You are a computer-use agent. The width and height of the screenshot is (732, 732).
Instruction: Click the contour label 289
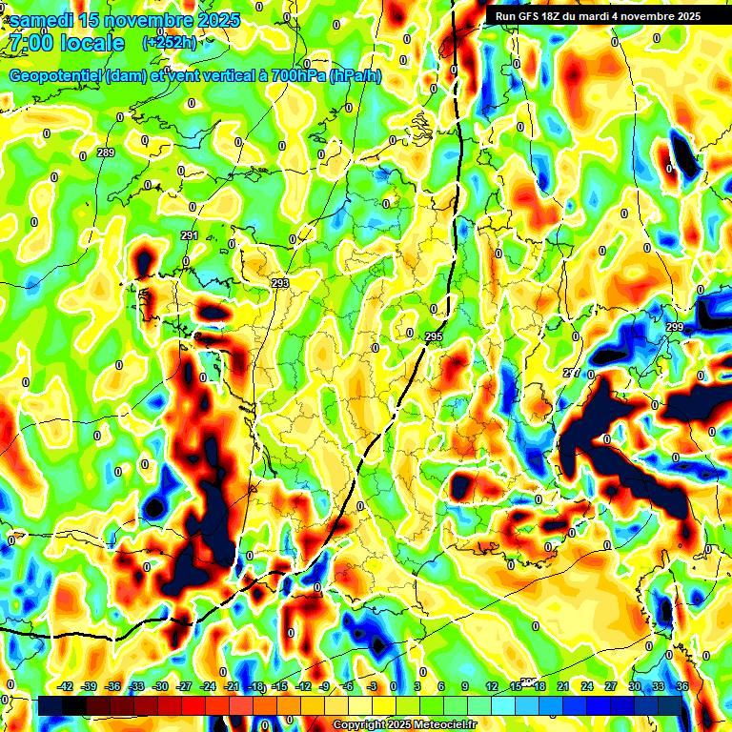tap(106, 153)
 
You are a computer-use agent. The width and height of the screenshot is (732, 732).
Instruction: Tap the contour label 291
tap(189, 236)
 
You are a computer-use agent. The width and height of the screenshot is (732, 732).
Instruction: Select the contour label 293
tap(279, 284)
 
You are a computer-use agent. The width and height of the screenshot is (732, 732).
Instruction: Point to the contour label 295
tap(434, 337)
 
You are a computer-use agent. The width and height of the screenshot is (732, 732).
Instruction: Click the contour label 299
tap(675, 328)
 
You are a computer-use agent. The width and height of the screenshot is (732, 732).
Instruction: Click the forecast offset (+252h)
tap(170, 43)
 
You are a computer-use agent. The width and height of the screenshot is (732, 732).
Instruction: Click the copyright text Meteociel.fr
tap(444, 724)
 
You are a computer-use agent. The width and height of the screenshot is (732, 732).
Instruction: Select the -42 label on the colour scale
tap(66, 686)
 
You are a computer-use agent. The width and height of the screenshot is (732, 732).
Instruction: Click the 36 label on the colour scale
tap(682, 686)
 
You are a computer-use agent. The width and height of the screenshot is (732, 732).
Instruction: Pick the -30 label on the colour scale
tap(161, 686)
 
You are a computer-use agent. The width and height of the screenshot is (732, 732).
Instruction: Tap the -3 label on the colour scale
tap(373, 686)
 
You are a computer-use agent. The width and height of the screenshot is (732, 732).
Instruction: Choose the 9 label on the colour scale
tap(465, 686)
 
